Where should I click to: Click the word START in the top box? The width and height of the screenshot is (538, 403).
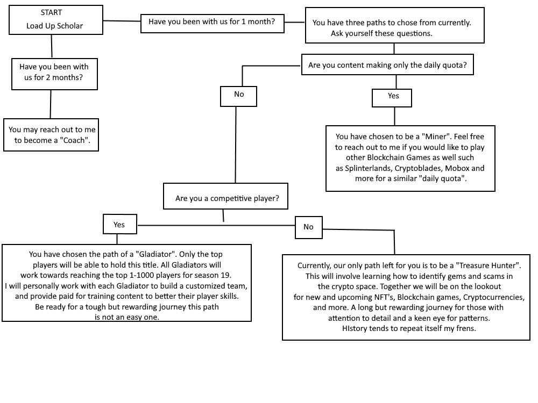point(51,13)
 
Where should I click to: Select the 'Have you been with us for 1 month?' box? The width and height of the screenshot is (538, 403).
point(213,23)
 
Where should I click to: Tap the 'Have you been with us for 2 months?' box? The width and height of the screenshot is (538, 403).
point(54,74)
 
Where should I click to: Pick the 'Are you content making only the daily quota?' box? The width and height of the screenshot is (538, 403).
point(387,64)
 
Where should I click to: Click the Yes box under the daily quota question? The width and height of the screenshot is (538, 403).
point(392,98)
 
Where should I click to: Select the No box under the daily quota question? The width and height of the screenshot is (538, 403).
point(238,96)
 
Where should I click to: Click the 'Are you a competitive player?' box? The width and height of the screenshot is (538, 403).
point(225,196)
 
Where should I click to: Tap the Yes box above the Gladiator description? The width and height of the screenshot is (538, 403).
point(120,224)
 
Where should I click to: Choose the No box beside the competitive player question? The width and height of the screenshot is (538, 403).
point(309,227)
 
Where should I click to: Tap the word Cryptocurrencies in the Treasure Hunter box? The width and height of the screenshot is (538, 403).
point(494,297)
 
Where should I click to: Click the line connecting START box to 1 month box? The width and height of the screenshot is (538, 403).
point(122,21)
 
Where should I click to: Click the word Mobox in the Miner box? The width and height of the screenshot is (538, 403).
point(457,168)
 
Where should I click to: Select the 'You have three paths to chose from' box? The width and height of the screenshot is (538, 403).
point(394,25)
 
